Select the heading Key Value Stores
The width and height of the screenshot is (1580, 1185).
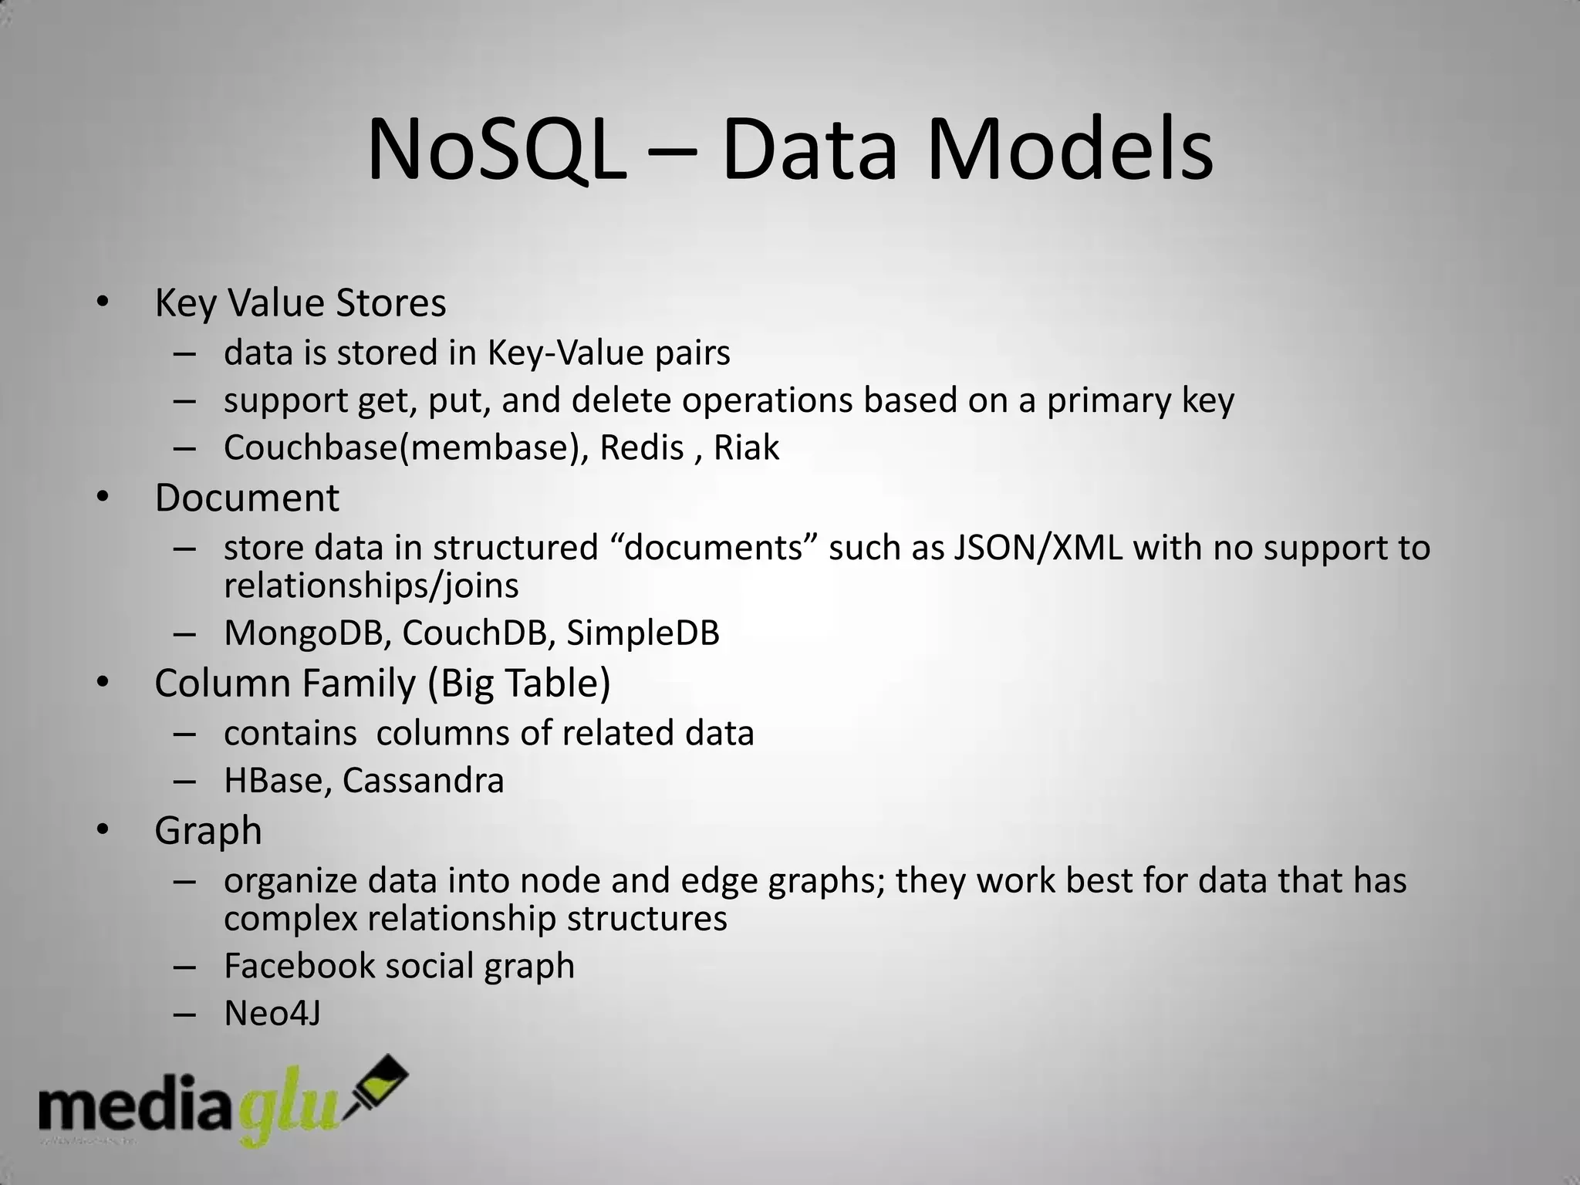pos(300,302)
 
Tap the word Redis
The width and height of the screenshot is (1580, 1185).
pos(642,447)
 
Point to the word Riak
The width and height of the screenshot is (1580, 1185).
pos(746,447)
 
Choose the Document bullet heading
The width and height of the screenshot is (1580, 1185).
pos(247,498)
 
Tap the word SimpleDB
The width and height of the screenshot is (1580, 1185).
pos(643,633)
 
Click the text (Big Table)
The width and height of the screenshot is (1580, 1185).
pos(519,684)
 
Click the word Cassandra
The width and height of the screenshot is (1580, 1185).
pos(423,780)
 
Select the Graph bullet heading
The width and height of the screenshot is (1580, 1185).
pos(208,831)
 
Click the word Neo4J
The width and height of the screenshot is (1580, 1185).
pos(272,1014)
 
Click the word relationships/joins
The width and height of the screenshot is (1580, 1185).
pos(371,586)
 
